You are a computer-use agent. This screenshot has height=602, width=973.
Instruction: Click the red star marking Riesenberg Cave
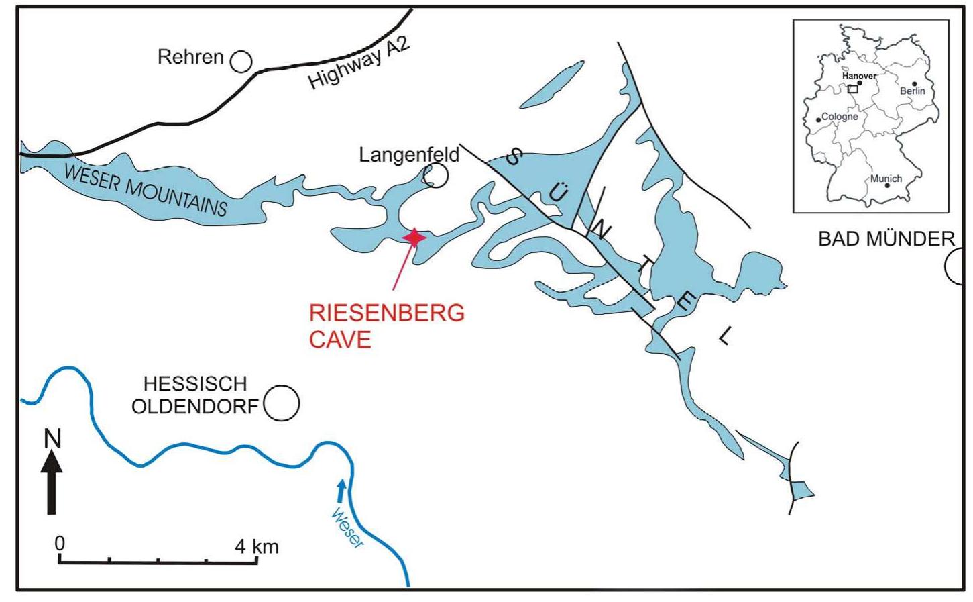414,237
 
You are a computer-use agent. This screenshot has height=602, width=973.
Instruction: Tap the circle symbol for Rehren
241,62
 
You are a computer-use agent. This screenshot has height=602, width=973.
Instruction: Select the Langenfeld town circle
436,176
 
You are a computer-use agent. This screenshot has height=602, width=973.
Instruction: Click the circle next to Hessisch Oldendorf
282,403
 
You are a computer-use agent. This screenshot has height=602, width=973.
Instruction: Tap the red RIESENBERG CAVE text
386,325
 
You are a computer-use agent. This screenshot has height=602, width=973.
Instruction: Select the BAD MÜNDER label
886,239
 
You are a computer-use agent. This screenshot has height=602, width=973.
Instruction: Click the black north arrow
52,482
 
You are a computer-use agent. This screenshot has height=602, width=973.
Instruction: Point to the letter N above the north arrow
52,438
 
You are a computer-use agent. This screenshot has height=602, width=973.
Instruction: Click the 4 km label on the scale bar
256,546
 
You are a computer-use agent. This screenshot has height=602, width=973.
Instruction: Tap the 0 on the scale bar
60,542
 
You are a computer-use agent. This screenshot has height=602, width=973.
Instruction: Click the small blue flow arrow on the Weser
341,490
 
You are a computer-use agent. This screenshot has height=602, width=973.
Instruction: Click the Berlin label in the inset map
912,91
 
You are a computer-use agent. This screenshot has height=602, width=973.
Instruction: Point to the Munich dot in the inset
887,185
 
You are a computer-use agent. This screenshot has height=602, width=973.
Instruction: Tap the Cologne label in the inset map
840,117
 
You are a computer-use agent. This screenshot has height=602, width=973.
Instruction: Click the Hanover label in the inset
859,76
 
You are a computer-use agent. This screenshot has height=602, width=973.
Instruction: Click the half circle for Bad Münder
955,266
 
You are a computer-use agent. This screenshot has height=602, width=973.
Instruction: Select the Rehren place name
190,57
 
